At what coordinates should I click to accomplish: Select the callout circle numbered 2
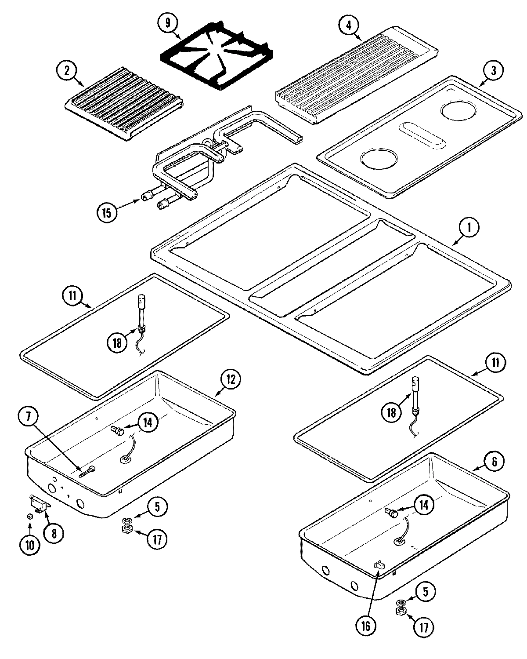pos(67,71)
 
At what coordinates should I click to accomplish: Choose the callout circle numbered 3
pos(494,71)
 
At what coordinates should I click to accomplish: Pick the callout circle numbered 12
pos(231,379)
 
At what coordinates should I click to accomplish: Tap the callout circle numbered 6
pos(495,462)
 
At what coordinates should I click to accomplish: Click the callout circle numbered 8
pos(54,533)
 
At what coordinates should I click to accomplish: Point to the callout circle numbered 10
pos(29,545)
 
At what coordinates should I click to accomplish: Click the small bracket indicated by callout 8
pos(40,502)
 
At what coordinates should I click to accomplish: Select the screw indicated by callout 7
pos(87,471)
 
